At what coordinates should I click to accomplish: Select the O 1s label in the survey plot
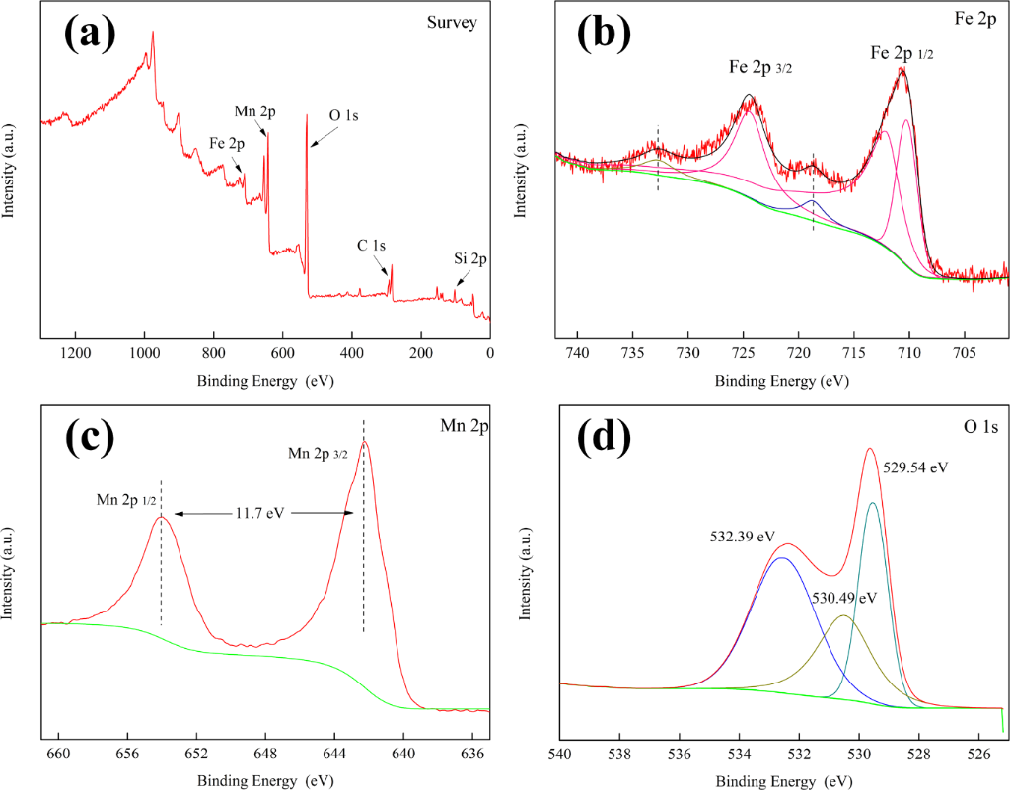pyautogui.click(x=343, y=115)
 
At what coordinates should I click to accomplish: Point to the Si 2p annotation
pyautogui.click(x=470, y=259)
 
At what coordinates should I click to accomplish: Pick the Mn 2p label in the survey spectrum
pyautogui.click(x=254, y=111)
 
